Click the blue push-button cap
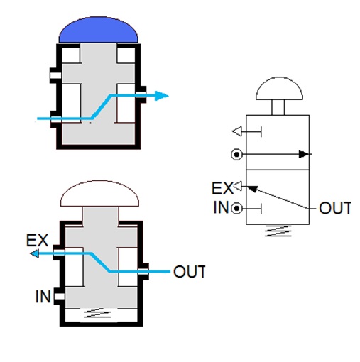98,30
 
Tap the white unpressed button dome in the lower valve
99,194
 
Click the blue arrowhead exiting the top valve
162,96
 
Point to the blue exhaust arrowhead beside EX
34,253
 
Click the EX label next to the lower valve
37,241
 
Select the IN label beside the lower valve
43,296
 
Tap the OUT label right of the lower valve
190,272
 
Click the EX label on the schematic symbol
222,188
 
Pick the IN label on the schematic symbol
221,207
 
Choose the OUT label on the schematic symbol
335,208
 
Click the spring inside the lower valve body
97,313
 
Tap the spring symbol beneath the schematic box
278,231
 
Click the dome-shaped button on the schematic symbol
279,88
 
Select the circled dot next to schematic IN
236,209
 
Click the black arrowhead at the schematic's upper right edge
304,154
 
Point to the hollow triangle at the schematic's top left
237,131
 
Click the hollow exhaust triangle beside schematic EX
238,186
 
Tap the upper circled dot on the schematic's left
236,155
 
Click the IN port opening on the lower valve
59,296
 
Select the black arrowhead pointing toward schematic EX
252,189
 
